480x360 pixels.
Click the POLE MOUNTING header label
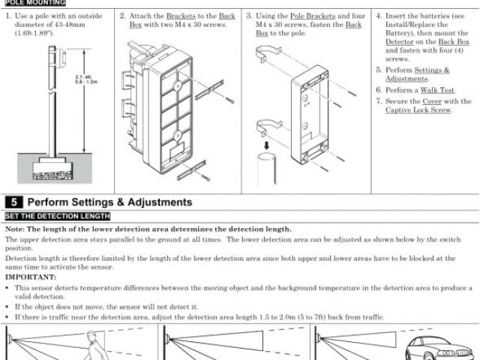(34, 2)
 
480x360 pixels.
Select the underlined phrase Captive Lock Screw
(418, 110)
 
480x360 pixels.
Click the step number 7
(379, 100)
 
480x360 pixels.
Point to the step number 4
(379, 15)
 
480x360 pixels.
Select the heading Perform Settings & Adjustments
(109, 202)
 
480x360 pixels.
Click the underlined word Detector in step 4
(400, 42)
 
